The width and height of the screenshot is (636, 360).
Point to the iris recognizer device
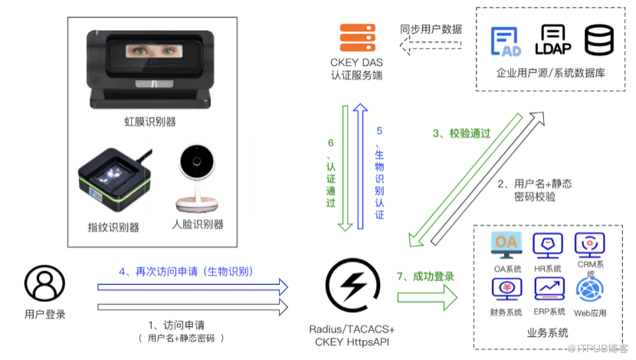click(x=150, y=70)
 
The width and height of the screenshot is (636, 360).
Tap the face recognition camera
click(x=196, y=181)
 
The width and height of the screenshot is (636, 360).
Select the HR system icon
click(x=547, y=246)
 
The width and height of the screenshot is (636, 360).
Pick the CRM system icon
click(x=590, y=244)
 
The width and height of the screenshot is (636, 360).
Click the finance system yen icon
click(x=507, y=289)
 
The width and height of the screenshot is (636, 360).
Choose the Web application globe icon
click(x=590, y=289)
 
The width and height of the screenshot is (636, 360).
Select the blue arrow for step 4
click(x=192, y=286)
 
